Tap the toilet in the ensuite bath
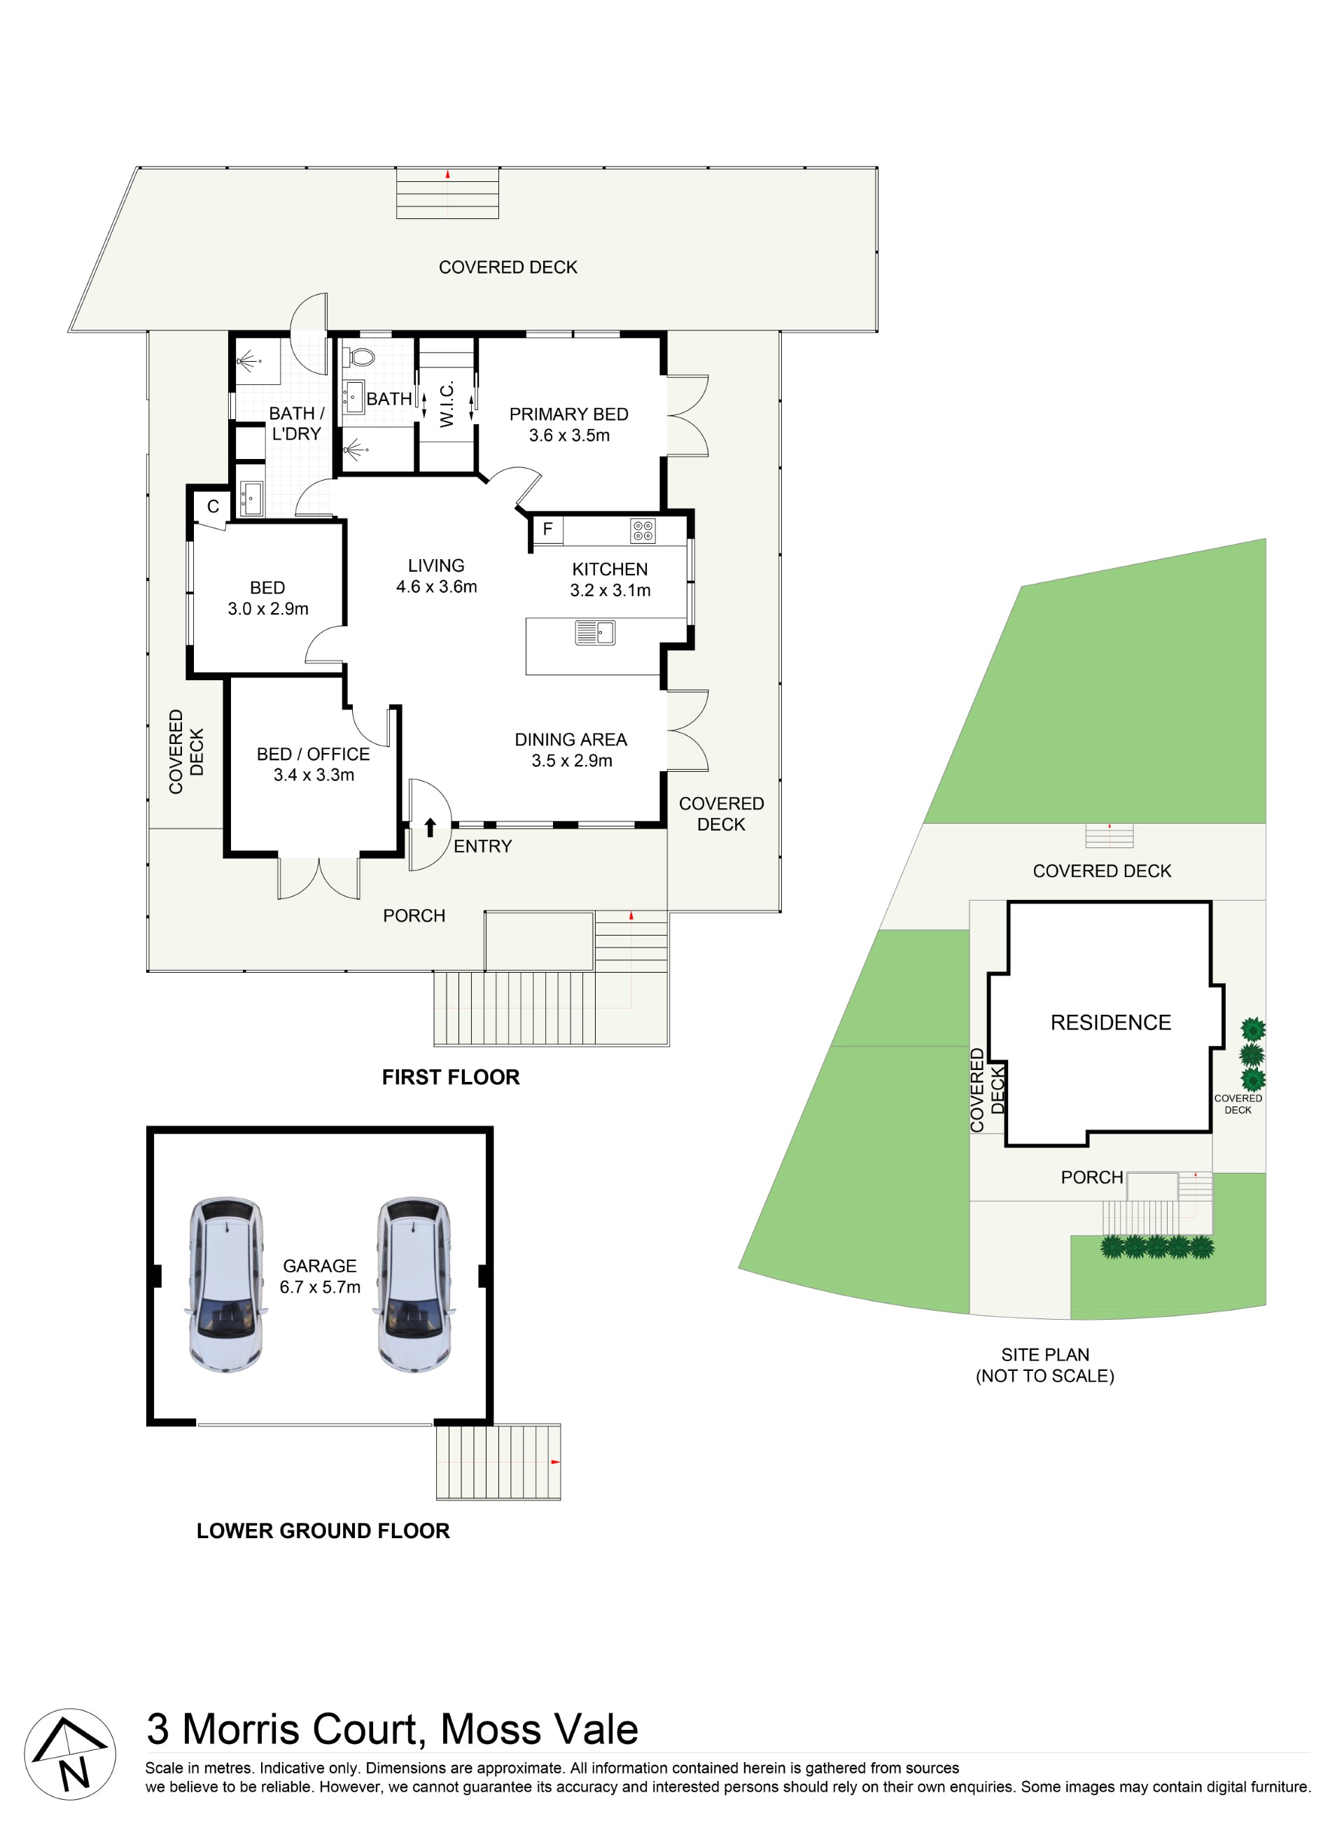[x=360, y=357]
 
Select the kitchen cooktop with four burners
[x=643, y=531]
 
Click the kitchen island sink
[x=595, y=632]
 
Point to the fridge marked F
[x=547, y=530]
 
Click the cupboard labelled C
[x=212, y=507]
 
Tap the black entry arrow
[x=430, y=828]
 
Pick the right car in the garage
[x=414, y=1284]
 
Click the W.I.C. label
[x=447, y=404]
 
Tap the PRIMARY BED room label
[x=568, y=414]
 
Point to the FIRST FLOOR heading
[x=451, y=1077]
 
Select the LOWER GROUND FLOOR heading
[x=323, y=1530]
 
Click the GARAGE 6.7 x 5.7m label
[x=320, y=1276]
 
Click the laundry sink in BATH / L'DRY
[x=251, y=498]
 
